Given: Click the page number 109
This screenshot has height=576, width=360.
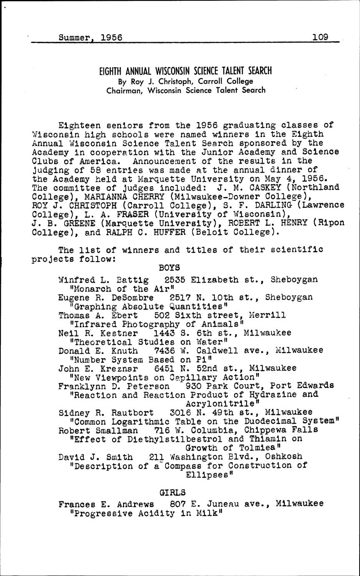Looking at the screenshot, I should point(320,37).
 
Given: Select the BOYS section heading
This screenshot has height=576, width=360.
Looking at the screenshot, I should point(169,267).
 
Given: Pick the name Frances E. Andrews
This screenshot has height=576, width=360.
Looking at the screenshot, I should point(106,504).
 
